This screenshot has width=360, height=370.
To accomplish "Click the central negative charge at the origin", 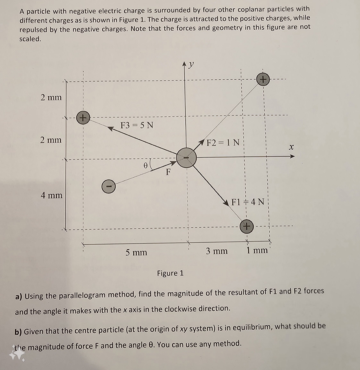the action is point(186,157).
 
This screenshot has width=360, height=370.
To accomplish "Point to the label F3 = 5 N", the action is point(137,125).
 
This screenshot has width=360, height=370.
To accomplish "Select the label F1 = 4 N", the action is point(248,202).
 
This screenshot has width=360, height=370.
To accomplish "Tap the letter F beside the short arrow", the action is point(168,172).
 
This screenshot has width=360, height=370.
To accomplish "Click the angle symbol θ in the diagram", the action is point(145,165).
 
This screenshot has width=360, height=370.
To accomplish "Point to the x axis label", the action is point(291,147).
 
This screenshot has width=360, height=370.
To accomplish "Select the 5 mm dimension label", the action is point(136,253).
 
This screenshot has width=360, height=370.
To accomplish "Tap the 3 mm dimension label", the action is point(217,251).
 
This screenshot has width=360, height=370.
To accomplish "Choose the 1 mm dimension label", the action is point(257,250).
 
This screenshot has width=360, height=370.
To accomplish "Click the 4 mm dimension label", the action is point(52,195).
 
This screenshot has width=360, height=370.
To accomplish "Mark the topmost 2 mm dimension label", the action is point(51,97).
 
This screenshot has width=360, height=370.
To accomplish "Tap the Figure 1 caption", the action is point(170,273).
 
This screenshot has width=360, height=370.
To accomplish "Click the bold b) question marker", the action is point(19,332).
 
